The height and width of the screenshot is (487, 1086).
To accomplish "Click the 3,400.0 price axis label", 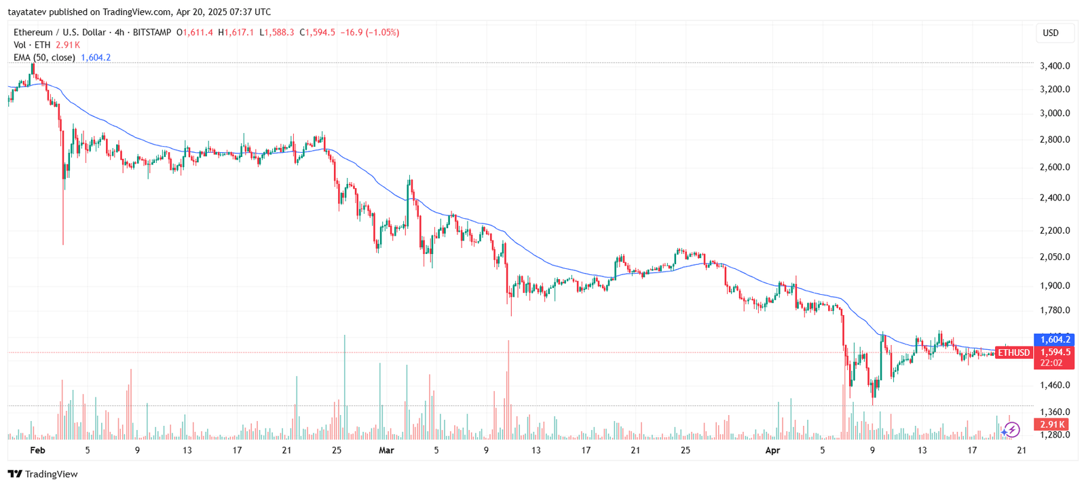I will (1055, 66).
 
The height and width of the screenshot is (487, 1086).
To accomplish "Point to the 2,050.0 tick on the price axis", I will (1055, 257).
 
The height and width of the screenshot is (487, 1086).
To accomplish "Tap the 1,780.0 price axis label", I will (1055, 310).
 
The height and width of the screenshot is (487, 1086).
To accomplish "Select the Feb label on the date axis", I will (37, 450).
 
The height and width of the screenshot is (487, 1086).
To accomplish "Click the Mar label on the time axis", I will (386, 450).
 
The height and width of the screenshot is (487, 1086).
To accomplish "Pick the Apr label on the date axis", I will (772, 450).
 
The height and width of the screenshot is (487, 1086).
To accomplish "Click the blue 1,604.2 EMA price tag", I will (1055, 340).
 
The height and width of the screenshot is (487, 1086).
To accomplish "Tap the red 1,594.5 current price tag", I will (1055, 352).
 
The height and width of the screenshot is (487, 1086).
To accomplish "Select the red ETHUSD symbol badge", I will (1013, 353).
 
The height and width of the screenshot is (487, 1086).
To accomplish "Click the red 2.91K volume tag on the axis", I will (1051, 425).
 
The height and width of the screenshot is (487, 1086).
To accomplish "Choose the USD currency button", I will (1051, 33).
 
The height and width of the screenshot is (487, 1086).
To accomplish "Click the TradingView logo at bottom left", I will (43, 474).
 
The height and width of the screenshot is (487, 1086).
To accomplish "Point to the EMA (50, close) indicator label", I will (44, 58).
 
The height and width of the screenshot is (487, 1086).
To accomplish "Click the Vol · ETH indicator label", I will (32, 45).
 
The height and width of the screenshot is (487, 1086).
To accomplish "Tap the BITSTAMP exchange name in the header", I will (152, 33).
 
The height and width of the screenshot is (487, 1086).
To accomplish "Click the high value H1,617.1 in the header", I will (236, 33).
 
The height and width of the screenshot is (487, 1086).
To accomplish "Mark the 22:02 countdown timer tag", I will (1051, 363).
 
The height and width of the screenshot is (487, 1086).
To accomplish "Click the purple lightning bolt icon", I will (1012, 429).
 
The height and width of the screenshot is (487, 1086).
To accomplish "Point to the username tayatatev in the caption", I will (27, 12).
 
